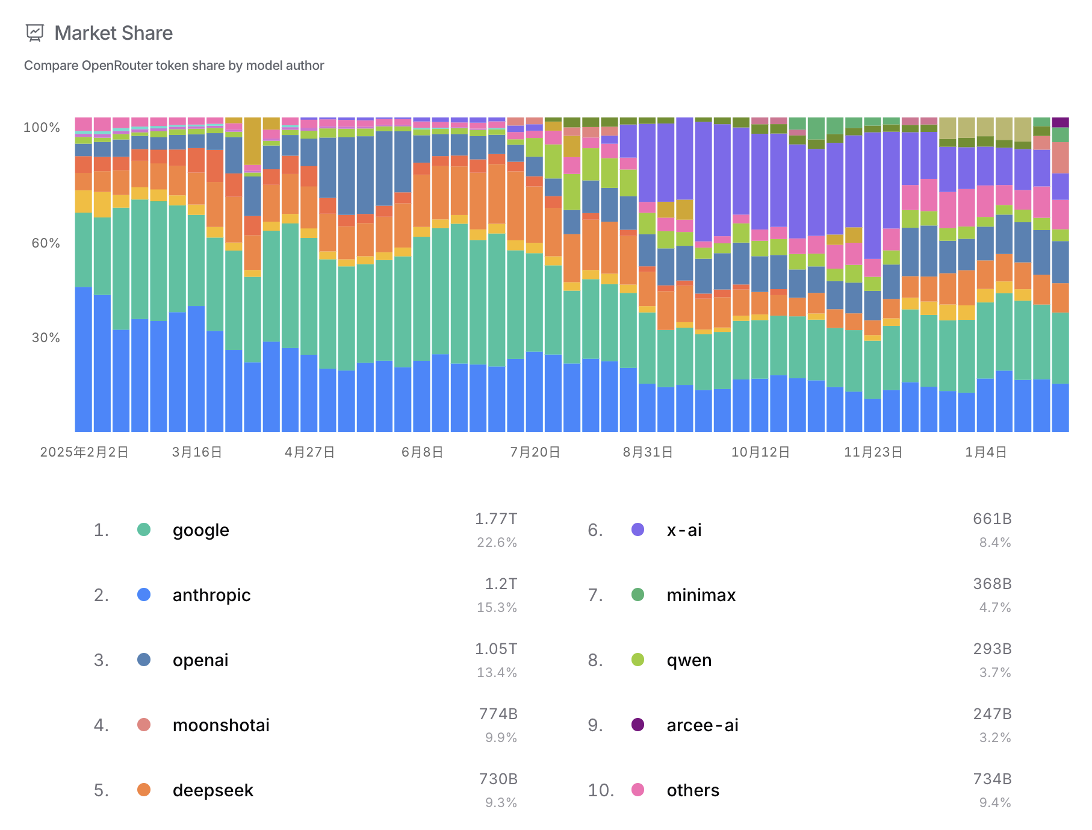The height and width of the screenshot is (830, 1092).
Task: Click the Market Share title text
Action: click(113, 33)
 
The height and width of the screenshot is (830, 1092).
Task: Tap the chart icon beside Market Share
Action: click(35, 33)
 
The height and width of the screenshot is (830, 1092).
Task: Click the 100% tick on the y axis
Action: click(42, 128)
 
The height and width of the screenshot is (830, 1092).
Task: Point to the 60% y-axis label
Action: click(46, 243)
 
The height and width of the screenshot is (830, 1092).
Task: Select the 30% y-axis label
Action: click(46, 337)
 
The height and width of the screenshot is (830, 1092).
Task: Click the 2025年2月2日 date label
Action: click(84, 452)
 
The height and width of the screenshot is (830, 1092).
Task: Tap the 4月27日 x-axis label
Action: click(309, 452)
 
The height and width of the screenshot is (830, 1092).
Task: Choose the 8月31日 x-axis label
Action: click(648, 452)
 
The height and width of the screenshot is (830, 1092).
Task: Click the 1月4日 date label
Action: click(985, 452)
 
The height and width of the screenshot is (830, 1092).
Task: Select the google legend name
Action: click(201, 530)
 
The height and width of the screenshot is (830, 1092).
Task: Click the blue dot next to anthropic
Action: click(144, 594)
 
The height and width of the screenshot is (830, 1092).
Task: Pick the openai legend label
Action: click(200, 660)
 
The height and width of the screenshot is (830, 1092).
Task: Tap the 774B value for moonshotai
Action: click(498, 714)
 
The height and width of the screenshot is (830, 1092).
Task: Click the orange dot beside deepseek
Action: click(144, 790)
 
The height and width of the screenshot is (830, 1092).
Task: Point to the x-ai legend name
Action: click(684, 530)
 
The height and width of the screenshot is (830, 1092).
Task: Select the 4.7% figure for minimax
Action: click(994, 607)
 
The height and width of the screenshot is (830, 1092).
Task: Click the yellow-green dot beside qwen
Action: click(638, 660)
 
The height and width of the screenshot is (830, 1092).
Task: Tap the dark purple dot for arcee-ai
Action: click(638, 725)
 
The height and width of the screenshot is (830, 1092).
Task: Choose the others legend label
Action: click(693, 790)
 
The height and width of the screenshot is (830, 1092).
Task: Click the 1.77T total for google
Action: click(496, 519)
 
